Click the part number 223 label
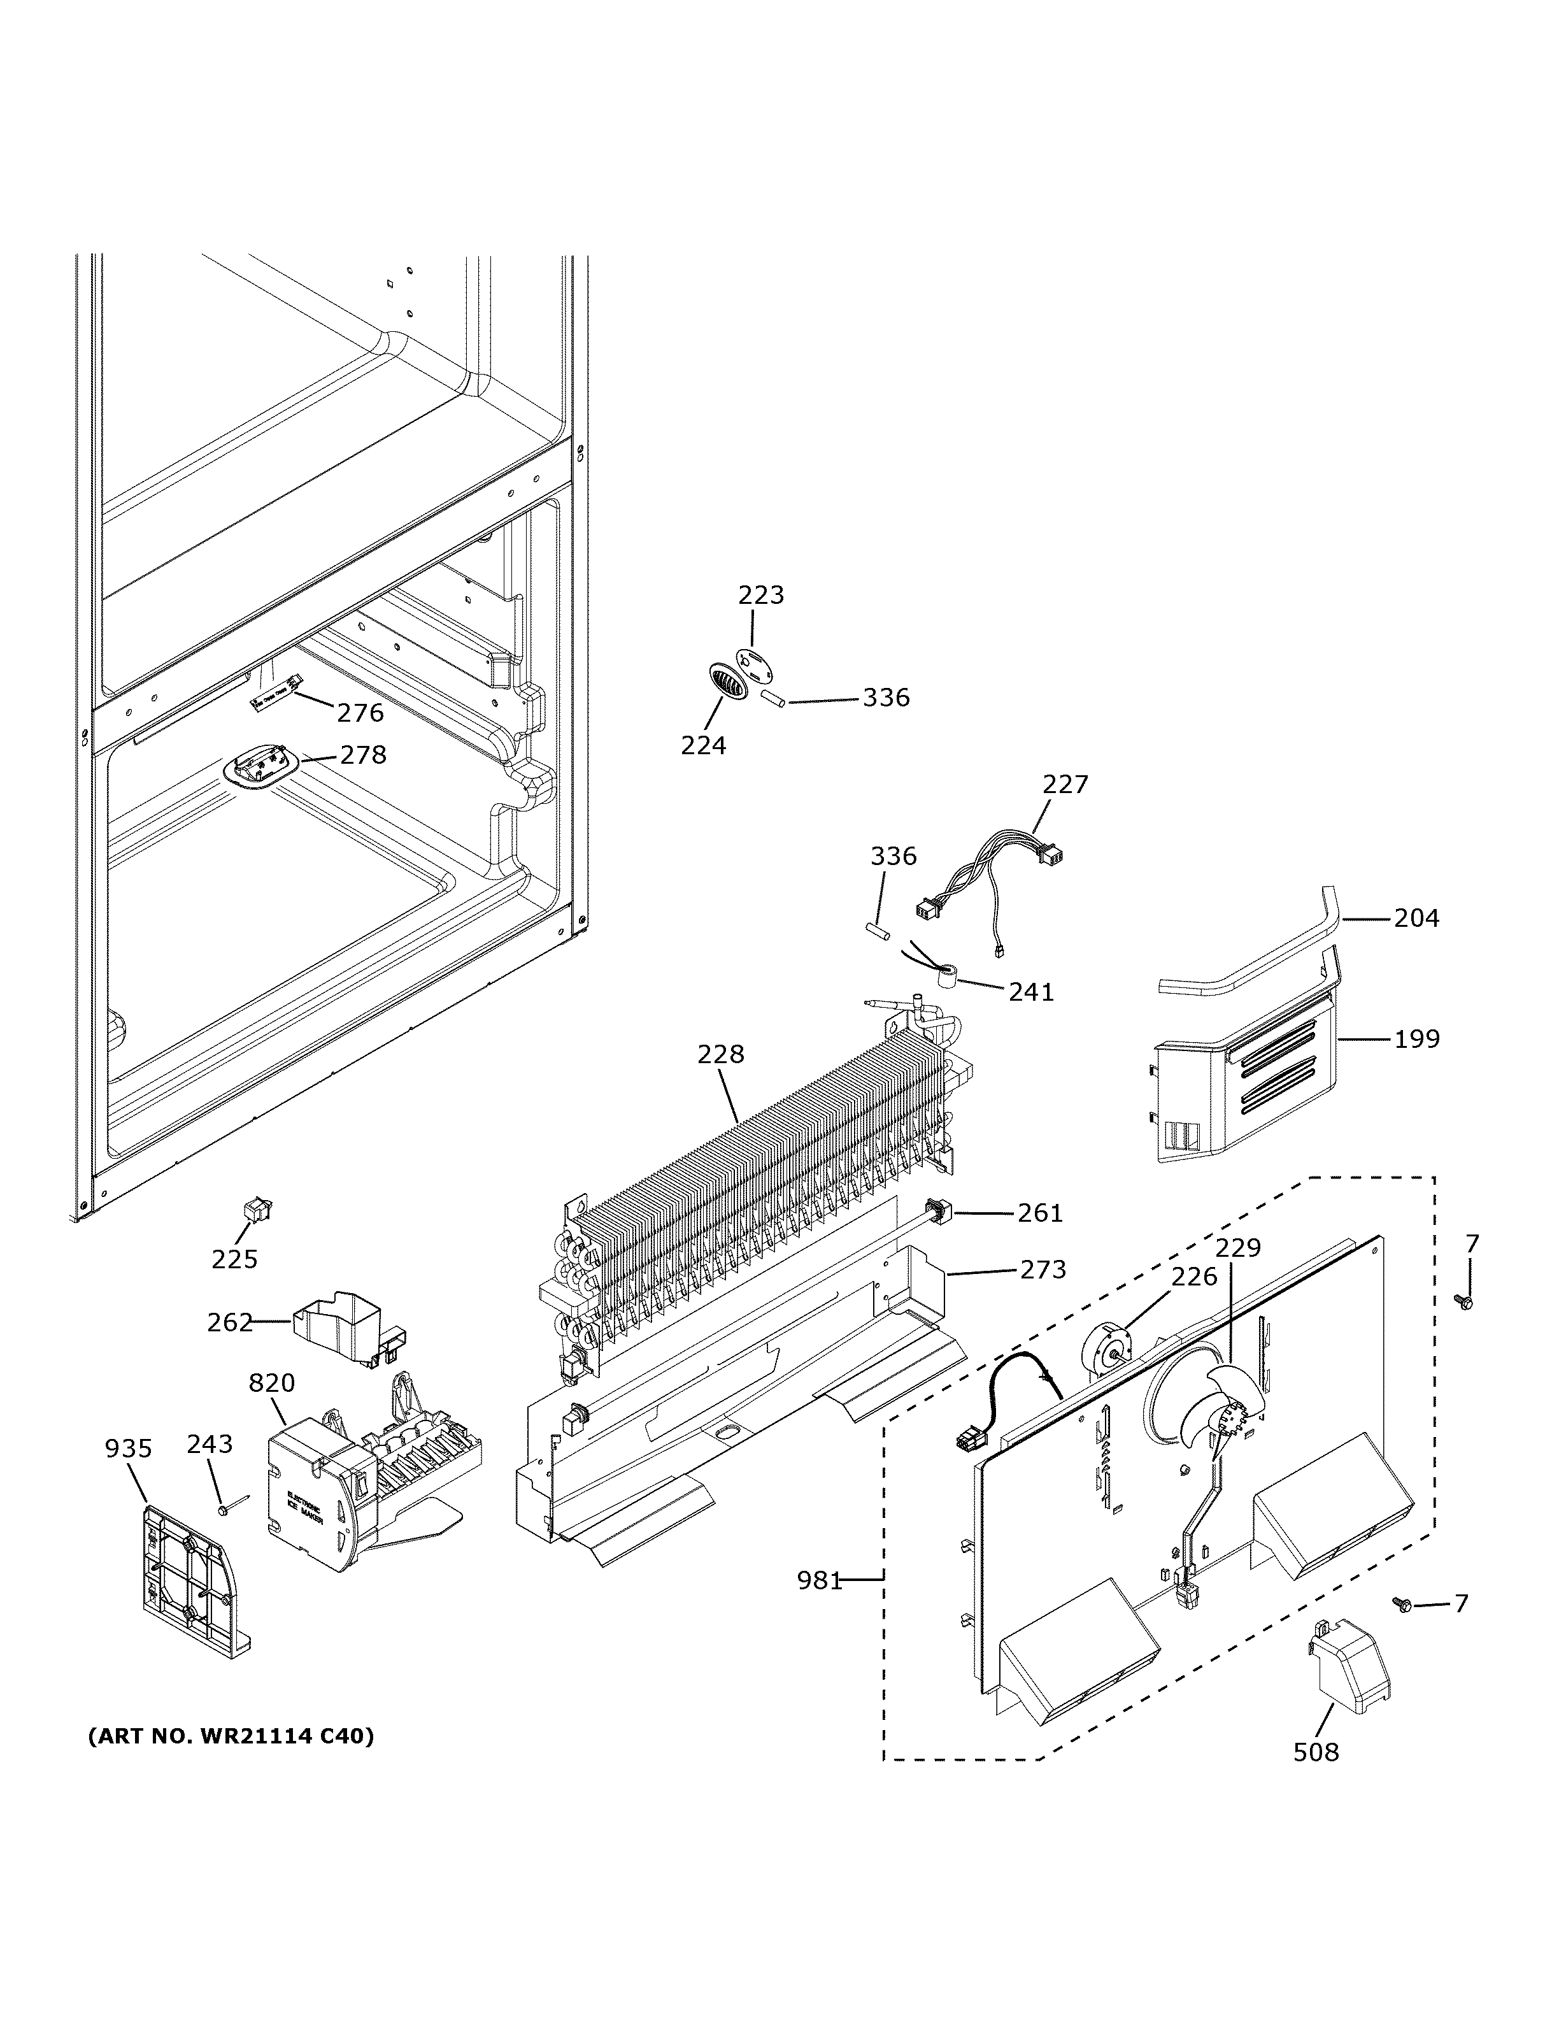pos(760,595)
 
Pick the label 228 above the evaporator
pos(720,1054)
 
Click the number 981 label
pos(819,1581)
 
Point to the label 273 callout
pos(1043,1270)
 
